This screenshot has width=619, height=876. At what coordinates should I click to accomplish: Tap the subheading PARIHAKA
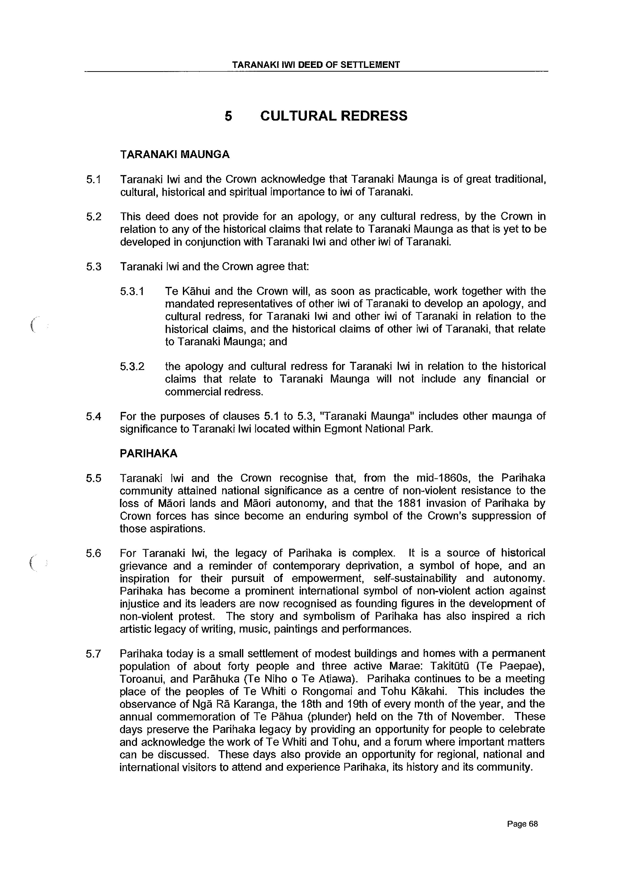(148, 453)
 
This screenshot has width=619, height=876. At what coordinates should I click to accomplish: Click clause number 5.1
(94, 179)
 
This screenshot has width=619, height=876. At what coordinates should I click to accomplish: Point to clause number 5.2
(94, 216)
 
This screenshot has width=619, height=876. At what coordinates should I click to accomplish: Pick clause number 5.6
(94, 553)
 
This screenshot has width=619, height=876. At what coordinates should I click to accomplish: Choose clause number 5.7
(94, 654)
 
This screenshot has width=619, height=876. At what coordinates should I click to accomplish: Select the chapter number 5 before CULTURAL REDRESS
(228, 116)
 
